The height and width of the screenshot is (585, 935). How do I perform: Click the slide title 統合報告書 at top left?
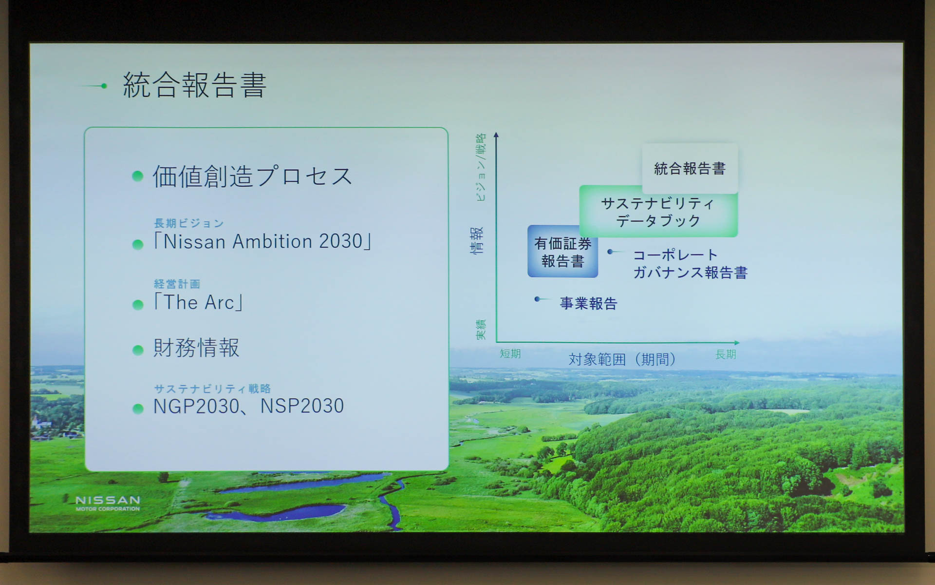194,85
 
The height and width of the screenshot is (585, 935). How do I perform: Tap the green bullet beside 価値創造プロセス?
138,176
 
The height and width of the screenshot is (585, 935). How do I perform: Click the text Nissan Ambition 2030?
263,241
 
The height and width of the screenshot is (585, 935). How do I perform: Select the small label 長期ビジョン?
188,223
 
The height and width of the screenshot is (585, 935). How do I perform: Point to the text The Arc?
199,303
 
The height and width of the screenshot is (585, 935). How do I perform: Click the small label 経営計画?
177,284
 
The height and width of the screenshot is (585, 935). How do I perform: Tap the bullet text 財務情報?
196,348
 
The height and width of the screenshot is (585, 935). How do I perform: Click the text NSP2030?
302,406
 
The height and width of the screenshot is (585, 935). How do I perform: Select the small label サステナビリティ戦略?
212,389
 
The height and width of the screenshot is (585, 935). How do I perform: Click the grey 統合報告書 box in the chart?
690,169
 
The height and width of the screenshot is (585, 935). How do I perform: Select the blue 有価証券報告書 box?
562,252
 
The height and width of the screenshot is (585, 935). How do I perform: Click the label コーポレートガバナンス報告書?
690,264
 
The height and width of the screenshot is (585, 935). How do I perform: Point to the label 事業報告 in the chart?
588,304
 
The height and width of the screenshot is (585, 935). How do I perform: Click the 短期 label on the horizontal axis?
510,354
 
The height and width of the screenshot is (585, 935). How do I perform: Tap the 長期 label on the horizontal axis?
725,354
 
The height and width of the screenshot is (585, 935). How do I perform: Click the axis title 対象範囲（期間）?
622,360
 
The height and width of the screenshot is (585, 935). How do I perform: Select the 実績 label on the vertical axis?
480,329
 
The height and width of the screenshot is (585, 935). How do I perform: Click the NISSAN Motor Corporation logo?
108,503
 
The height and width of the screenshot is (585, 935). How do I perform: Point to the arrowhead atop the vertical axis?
496,135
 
